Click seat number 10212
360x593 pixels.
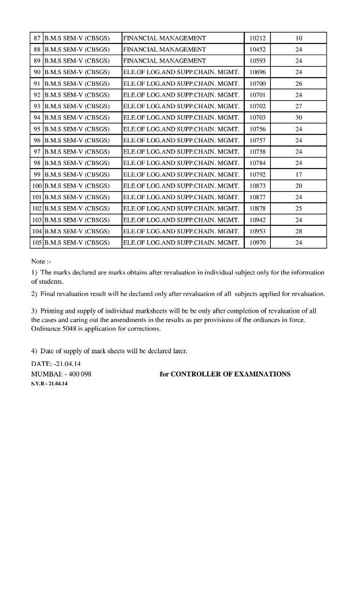click(257, 38)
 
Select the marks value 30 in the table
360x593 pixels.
click(299, 118)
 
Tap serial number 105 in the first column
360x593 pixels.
click(36, 243)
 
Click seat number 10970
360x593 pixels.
click(257, 243)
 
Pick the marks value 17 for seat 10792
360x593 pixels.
click(299, 174)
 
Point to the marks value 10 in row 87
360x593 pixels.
click(299, 38)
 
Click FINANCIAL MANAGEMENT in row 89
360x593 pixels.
click(164, 61)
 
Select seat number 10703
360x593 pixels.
click(257, 118)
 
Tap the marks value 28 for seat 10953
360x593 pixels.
click(299, 231)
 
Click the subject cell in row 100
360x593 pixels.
click(181, 186)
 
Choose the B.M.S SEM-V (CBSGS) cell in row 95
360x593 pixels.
click(77, 129)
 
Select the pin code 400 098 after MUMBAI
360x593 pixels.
click(78, 374)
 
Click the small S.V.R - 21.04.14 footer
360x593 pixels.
click(49, 384)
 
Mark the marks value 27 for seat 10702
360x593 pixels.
click(299, 107)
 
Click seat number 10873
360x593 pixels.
click(257, 186)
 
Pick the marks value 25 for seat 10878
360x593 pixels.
click(299, 208)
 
